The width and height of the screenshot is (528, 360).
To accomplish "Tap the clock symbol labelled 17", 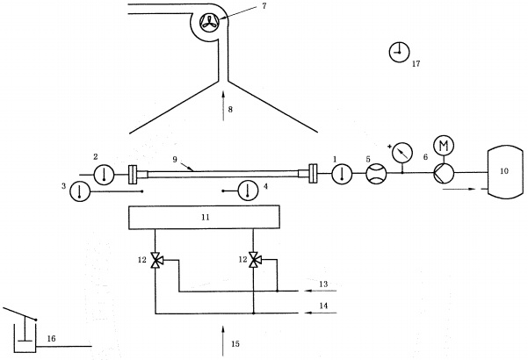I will pos(399,53).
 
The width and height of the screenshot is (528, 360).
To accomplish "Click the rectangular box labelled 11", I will pos(203,215).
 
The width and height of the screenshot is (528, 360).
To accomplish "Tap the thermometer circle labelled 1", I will pos(340,174).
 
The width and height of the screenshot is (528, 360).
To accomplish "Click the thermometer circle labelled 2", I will pos(104,174).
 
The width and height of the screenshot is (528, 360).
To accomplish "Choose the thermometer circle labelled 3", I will pos(80,191).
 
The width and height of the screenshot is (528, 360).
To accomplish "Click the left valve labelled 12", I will pos(156,260).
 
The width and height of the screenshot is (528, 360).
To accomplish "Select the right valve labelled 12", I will pos(253,260).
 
